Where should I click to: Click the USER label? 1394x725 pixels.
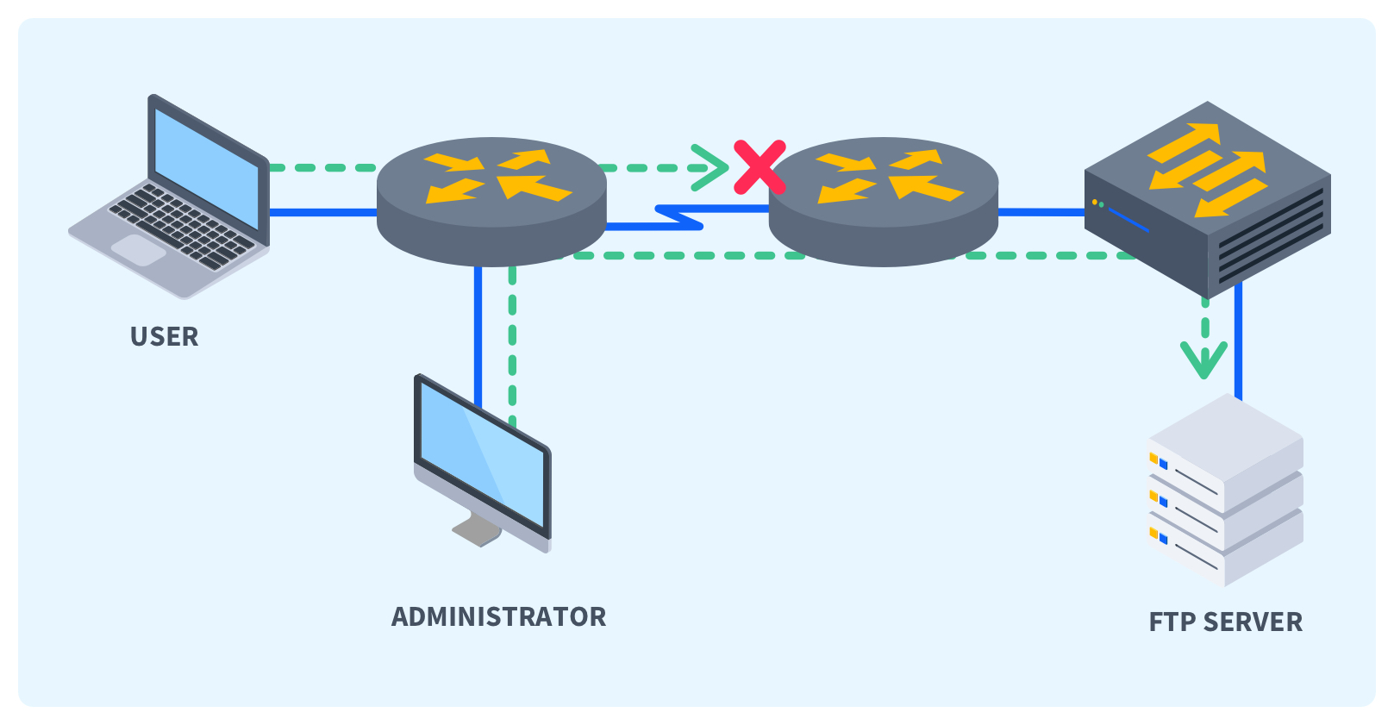(164, 336)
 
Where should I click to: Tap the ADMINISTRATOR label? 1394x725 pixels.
(498, 616)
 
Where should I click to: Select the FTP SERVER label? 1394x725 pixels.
(1225, 622)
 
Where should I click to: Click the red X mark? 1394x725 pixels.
(760, 167)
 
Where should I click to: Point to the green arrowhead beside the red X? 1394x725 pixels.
(712, 167)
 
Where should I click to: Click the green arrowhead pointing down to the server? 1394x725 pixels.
(1203, 358)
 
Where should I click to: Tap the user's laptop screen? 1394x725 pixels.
(206, 169)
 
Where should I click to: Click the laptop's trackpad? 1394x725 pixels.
(139, 250)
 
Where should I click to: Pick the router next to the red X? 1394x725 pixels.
(883, 200)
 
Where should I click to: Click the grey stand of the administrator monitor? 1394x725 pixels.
(477, 528)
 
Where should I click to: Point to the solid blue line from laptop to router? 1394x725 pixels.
(323, 212)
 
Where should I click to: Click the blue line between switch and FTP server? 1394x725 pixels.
(1238, 345)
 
